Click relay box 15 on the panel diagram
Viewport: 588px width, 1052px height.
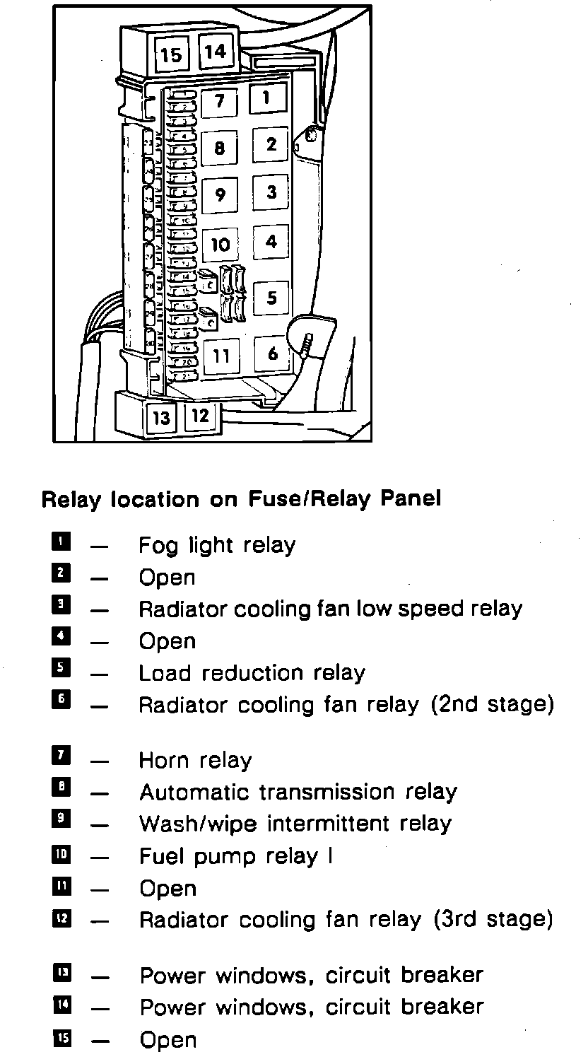[171, 54]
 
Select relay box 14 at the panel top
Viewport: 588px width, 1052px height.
[216, 52]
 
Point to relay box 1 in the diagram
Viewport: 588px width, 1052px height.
[266, 98]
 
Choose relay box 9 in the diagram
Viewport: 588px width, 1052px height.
[220, 194]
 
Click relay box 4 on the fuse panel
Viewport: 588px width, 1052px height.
[271, 242]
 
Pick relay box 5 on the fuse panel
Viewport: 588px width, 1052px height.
[272, 298]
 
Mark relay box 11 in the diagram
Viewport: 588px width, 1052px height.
[221, 356]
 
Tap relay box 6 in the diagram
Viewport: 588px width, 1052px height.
[273, 353]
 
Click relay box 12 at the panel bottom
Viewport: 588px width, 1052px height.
[201, 416]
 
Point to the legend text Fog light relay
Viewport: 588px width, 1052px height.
[216, 546]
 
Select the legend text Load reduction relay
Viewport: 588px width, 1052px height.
[252, 673]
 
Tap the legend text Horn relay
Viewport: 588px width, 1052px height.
[195, 761]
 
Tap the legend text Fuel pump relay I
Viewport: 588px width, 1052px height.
[235, 857]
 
